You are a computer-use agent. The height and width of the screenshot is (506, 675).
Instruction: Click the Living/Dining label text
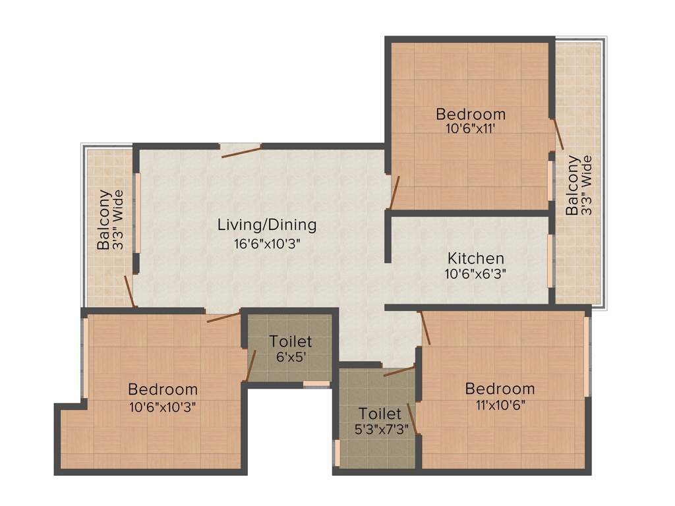click(267, 225)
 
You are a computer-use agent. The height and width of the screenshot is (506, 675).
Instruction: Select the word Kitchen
click(475, 258)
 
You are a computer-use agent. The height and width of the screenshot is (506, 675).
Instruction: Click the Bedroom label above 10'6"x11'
click(471, 114)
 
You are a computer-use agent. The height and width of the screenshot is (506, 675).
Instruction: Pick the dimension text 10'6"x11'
click(471, 129)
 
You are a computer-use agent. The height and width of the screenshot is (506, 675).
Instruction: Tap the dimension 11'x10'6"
click(499, 404)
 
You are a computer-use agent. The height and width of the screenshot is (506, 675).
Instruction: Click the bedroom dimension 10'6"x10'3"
click(163, 406)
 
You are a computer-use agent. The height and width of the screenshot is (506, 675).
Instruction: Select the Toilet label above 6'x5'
click(290, 342)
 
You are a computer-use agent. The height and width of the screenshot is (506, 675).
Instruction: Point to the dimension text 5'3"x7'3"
click(379, 430)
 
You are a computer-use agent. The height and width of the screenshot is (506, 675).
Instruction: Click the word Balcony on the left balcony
click(104, 219)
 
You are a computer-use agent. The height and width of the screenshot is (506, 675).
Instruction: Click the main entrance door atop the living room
click(241, 150)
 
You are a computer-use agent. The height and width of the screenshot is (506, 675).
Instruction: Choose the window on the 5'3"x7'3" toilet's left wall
click(336, 453)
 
